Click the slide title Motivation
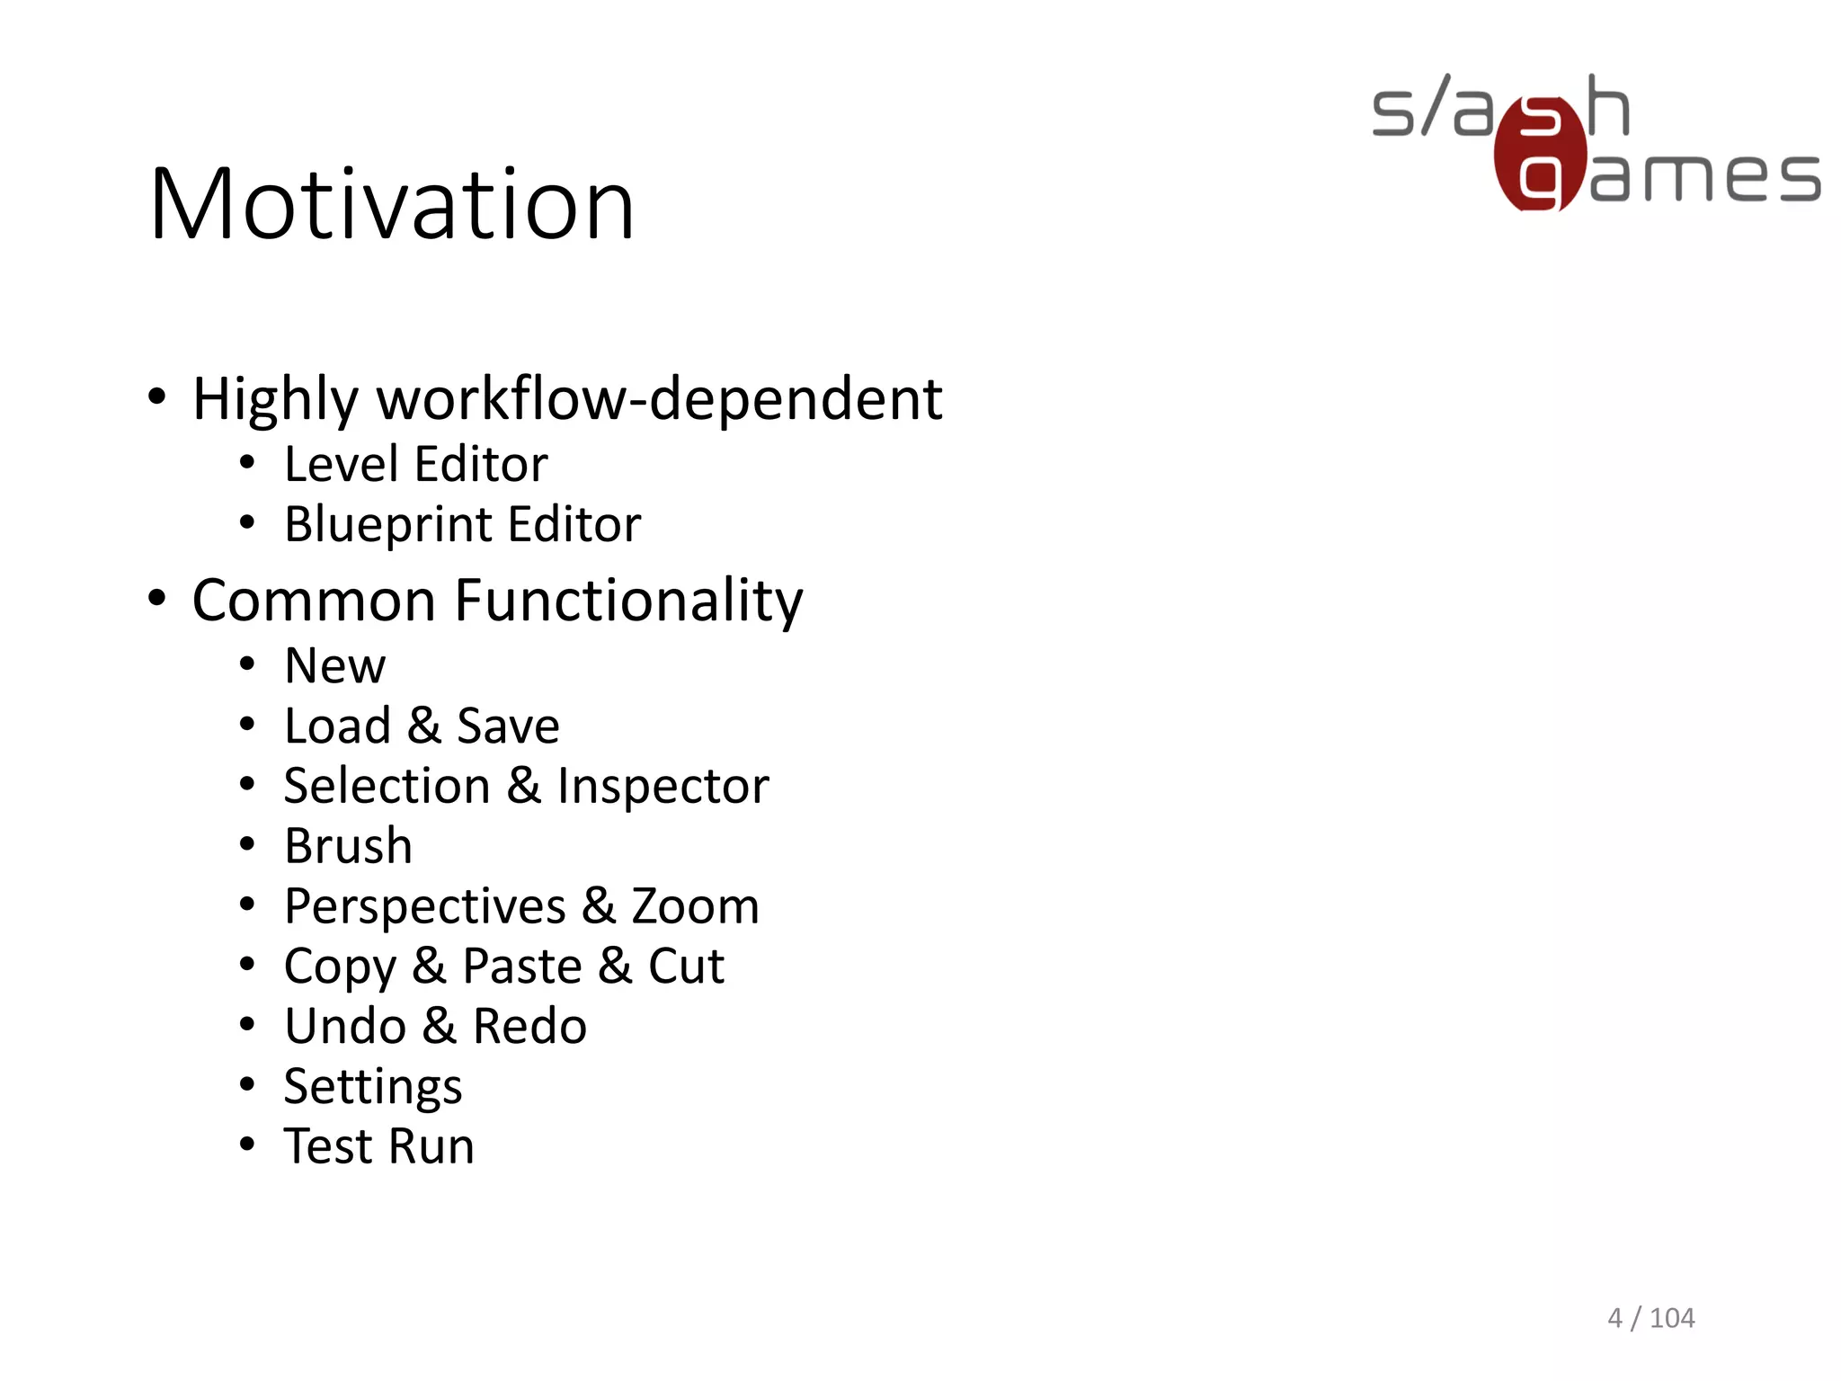click(x=392, y=205)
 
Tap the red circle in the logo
click(x=1540, y=155)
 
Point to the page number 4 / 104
click(x=1650, y=1318)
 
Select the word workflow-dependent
click(x=660, y=399)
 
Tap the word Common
click(x=314, y=601)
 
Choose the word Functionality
click(x=629, y=601)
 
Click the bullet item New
click(x=334, y=666)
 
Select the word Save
click(x=508, y=726)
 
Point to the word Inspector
click(x=663, y=787)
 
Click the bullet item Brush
click(x=348, y=847)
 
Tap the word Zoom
click(x=695, y=906)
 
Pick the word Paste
click(x=521, y=967)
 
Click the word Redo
click(x=529, y=1027)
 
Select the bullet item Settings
click(x=373, y=1087)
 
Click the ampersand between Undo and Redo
click(x=439, y=1027)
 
